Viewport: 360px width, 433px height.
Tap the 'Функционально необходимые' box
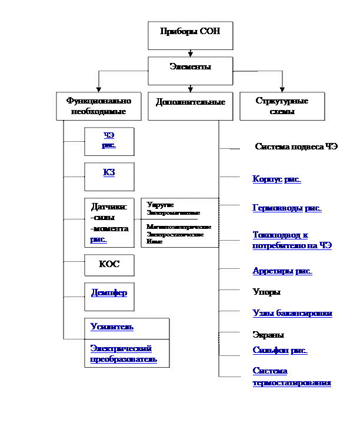point(99,106)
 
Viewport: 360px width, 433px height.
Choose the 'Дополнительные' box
point(190,102)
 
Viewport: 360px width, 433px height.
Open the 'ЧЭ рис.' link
point(109,140)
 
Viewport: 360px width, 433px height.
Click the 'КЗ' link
point(109,172)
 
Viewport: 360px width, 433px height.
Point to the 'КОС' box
point(109,265)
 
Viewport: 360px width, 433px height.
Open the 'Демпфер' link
point(109,292)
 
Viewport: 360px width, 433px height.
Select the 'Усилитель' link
point(112,327)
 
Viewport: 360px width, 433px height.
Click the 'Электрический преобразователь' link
point(124,354)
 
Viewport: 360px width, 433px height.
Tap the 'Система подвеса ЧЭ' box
point(296,146)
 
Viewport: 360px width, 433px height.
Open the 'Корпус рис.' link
point(276,179)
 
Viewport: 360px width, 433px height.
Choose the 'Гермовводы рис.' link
point(287,208)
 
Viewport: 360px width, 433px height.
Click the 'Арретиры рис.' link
point(282,271)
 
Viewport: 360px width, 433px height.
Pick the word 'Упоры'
point(266,292)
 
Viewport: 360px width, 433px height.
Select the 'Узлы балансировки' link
point(292,313)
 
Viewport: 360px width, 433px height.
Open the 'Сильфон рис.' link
point(280,351)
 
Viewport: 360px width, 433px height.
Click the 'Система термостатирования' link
point(292,377)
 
